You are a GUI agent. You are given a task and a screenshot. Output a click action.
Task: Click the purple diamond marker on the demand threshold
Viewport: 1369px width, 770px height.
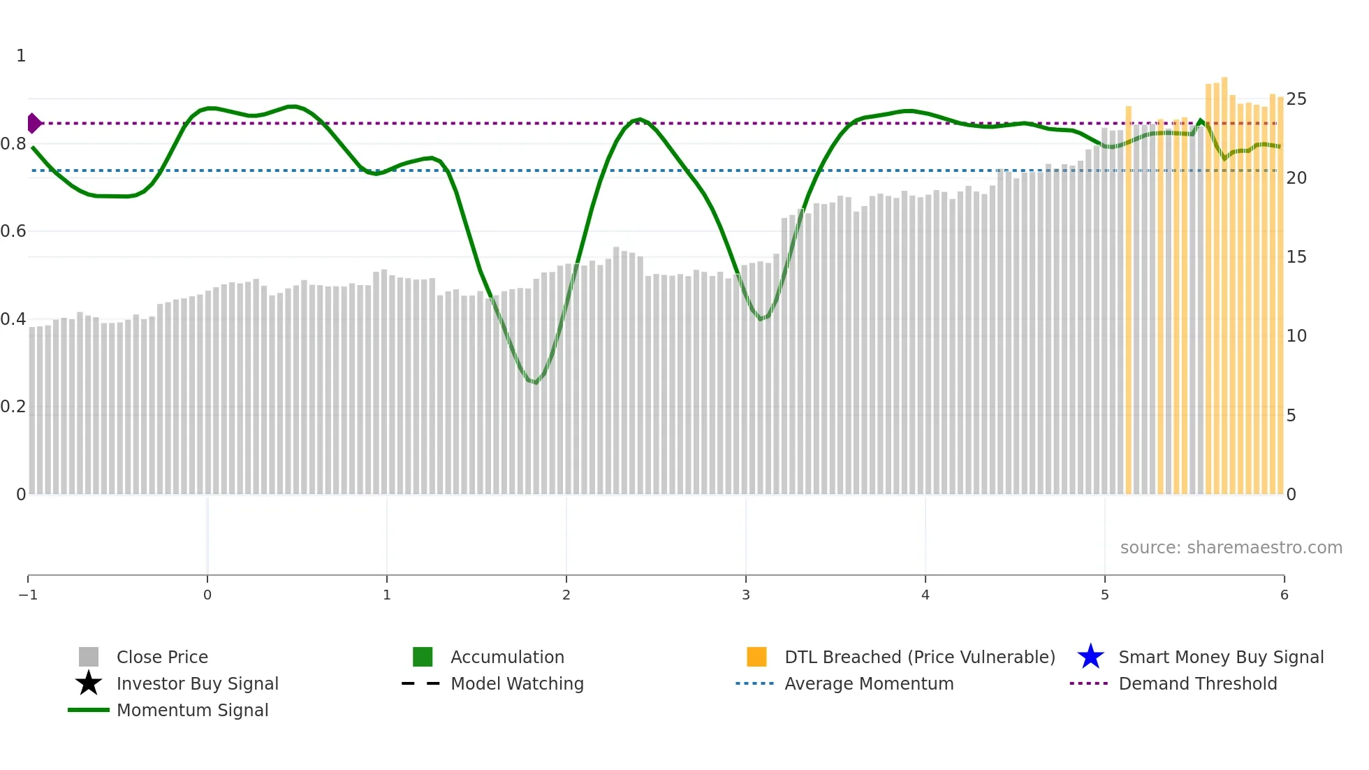tap(34, 123)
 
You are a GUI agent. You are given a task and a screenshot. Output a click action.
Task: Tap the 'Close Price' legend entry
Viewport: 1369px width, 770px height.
tap(161, 657)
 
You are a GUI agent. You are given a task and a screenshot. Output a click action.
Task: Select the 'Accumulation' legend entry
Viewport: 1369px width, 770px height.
tap(507, 657)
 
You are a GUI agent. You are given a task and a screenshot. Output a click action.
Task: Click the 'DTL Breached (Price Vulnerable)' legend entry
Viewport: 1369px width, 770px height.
tap(919, 657)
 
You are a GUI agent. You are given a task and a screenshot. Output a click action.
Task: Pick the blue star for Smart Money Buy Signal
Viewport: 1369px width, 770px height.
tap(1090, 657)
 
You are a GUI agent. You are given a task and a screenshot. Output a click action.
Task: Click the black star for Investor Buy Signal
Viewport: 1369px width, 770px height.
tap(89, 683)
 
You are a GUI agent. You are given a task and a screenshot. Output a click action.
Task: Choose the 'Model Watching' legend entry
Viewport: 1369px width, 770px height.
tap(517, 683)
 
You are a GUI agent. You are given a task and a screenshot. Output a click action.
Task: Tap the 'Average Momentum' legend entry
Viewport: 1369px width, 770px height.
tap(869, 683)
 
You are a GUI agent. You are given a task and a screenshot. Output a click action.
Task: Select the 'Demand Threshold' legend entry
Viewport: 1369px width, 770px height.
tap(1197, 683)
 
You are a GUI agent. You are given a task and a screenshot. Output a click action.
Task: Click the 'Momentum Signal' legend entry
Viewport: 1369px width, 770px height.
tap(192, 710)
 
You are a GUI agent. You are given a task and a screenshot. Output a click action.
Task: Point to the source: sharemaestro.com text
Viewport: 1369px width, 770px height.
tap(1231, 547)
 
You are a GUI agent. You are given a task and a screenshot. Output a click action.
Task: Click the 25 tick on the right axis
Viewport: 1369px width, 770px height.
tap(1296, 99)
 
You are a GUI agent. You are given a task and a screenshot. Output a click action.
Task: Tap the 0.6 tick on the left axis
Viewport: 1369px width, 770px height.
tap(13, 231)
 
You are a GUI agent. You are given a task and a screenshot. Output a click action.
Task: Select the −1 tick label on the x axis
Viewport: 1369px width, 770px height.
tap(28, 595)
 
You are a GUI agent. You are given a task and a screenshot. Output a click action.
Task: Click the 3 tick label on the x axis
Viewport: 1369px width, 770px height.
tap(746, 595)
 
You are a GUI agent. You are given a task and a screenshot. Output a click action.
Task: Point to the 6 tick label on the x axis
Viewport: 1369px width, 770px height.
tap(1284, 595)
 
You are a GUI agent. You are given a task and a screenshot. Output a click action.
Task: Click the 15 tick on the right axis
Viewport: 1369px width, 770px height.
tap(1296, 257)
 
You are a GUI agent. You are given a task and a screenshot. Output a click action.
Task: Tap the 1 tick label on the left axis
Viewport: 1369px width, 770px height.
tap(21, 56)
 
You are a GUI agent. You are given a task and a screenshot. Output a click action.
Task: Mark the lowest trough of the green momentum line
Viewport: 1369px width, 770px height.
tap(535, 382)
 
